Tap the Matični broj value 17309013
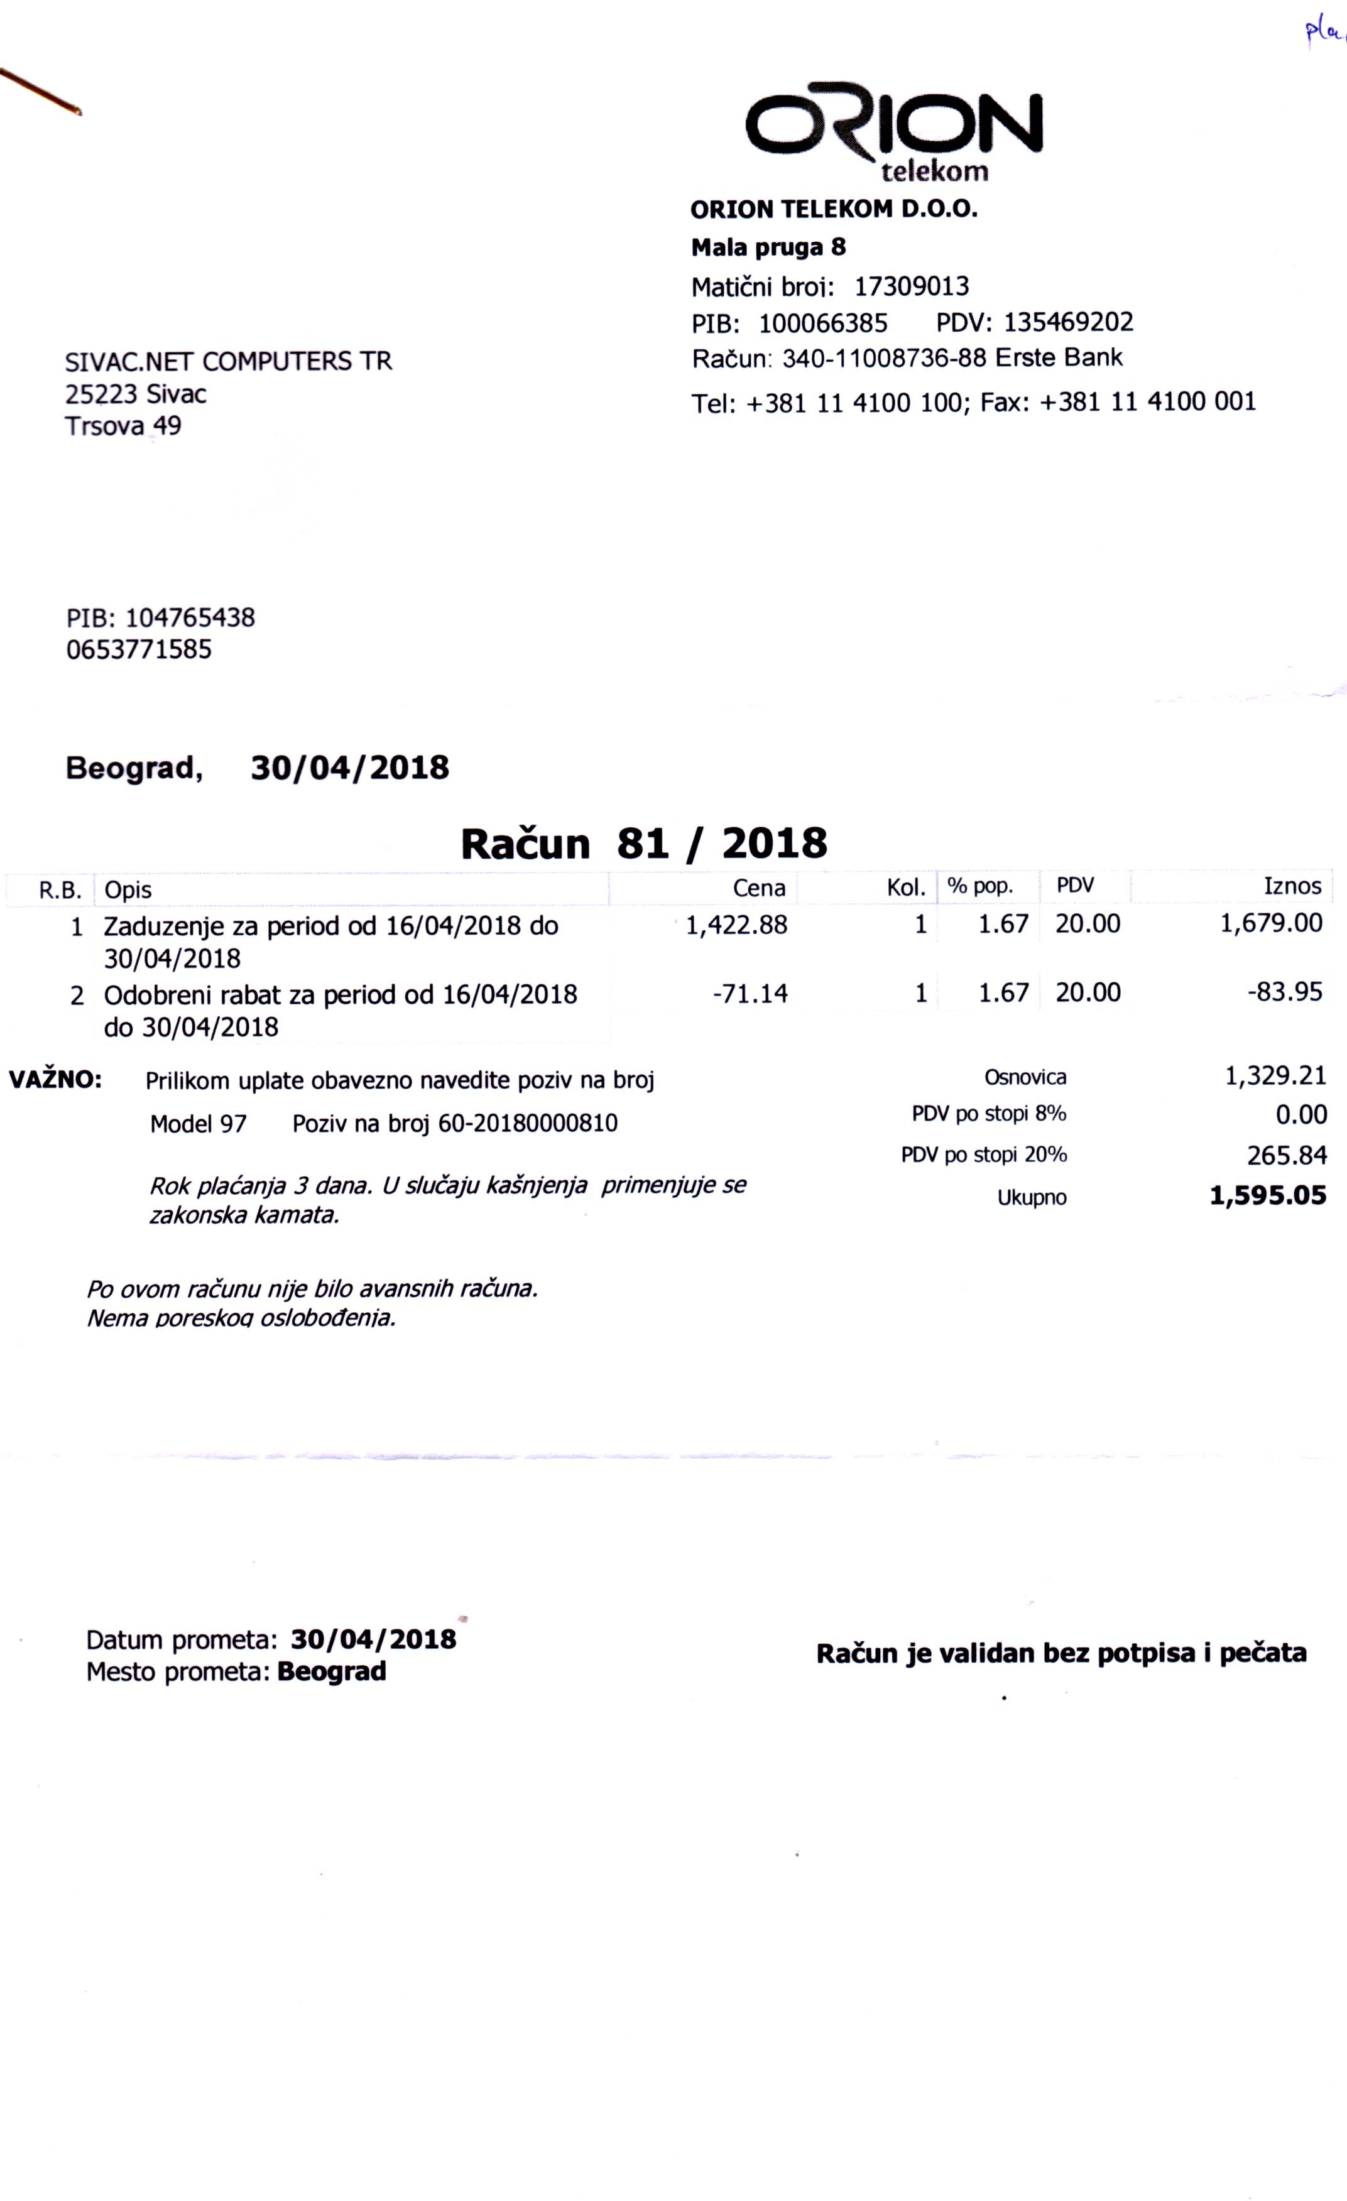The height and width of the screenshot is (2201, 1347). click(x=911, y=286)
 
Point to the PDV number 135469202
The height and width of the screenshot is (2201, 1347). click(x=1068, y=322)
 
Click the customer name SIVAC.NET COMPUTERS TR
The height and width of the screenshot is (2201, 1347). click(x=229, y=362)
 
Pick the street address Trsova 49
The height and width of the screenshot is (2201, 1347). click(x=123, y=426)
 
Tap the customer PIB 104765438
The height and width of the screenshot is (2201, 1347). click(x=189, y=618)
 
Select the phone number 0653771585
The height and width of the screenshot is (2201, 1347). click(x=139, y=649)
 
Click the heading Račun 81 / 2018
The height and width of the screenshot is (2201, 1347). click(x=644, y=843)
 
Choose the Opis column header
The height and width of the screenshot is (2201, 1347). click(x=128, y=889)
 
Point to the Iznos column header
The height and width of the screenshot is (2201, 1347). click(x=1292, y=886)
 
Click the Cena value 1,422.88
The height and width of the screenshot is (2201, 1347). click(x=736, y=925)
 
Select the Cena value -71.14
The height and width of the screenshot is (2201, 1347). click(x=750, y=993)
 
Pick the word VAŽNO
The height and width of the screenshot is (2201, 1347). click(x=55, y=1079)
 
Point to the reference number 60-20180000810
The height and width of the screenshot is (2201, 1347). click(x=528, y=1124)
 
